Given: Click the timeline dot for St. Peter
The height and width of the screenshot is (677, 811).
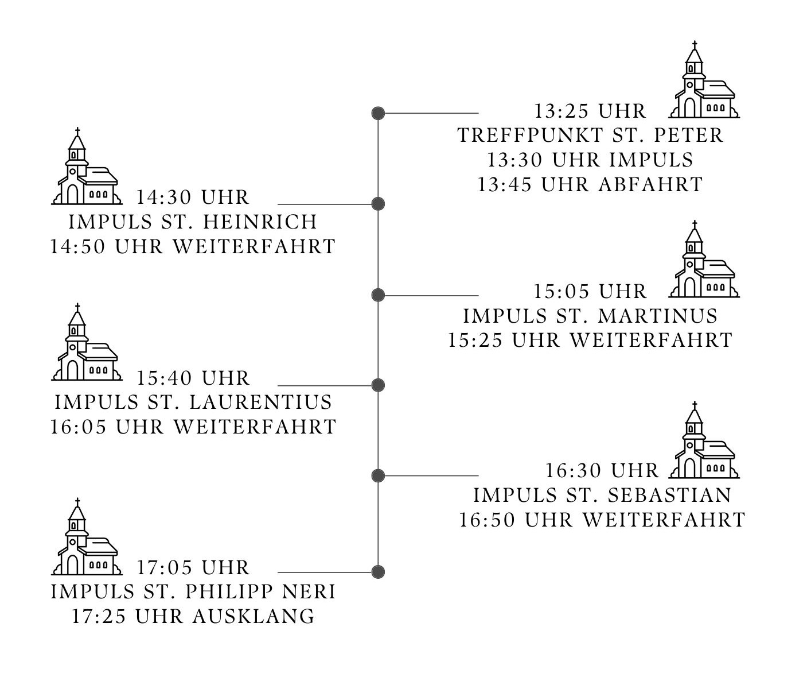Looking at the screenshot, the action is (378, 113).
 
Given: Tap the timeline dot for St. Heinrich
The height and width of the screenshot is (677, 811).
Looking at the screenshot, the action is (378, 204).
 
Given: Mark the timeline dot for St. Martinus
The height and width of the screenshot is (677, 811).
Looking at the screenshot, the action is (378, 295).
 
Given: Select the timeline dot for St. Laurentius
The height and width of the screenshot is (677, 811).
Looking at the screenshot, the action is (378, 385).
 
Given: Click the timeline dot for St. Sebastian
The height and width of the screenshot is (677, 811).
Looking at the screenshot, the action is (378, 475).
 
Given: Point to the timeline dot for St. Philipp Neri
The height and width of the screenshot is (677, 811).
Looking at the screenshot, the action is (378, 572).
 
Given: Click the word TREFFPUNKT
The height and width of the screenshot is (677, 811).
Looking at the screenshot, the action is (531, 136).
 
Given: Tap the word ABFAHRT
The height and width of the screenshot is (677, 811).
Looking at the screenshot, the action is (650, 185).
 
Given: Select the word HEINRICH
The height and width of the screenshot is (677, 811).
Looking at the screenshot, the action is (260, 222).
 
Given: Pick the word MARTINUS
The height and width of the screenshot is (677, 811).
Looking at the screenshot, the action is (658, 316).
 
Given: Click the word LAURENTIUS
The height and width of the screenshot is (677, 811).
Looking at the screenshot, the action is (260, 403).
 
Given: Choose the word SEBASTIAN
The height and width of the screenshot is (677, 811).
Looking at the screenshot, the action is (669, 496).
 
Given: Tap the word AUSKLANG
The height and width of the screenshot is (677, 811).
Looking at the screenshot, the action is (254, 617).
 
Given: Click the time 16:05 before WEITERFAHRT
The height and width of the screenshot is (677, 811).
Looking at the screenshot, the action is (78, 427).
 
